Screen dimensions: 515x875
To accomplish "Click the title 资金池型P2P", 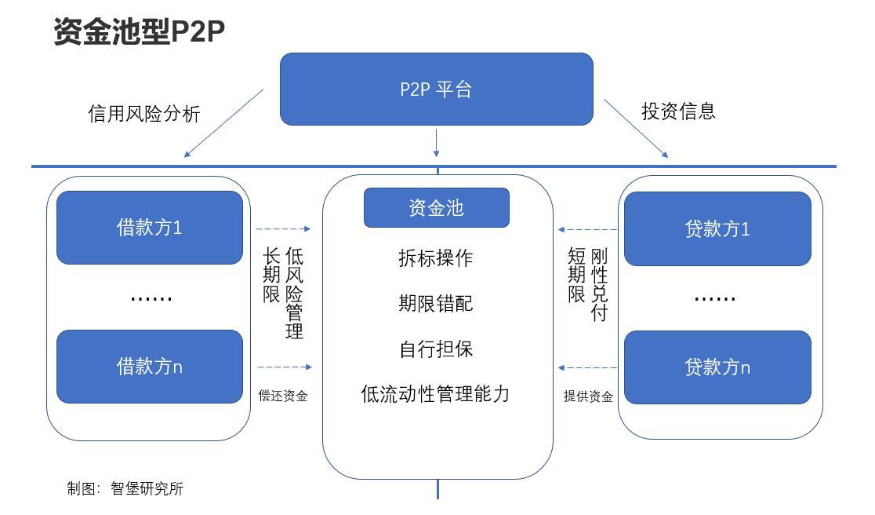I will click(140, 32).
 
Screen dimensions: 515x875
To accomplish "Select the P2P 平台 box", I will click(436, 89).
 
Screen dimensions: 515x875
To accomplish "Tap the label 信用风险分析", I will click(143, 115).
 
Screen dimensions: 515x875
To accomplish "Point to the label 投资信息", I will click(678, 111).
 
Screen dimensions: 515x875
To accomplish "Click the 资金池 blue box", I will click(436, 207).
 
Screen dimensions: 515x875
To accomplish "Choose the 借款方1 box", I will click(149, 228).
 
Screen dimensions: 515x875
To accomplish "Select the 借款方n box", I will click(149, 366).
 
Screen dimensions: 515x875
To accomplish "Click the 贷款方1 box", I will click(717, 228).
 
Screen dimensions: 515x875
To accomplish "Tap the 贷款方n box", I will click(717, 367).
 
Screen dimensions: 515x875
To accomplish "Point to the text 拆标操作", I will click(436, 258).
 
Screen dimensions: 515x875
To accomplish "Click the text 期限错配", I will click(436, 303).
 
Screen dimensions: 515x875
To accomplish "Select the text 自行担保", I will click(436, 349).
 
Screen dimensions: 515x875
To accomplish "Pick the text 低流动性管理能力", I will click(436, 393).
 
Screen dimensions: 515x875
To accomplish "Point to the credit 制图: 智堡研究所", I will click(125, 488).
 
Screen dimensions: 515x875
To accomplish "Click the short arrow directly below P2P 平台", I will click(437, 143).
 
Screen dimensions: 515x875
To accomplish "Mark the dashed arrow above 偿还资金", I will click(284, 367).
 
